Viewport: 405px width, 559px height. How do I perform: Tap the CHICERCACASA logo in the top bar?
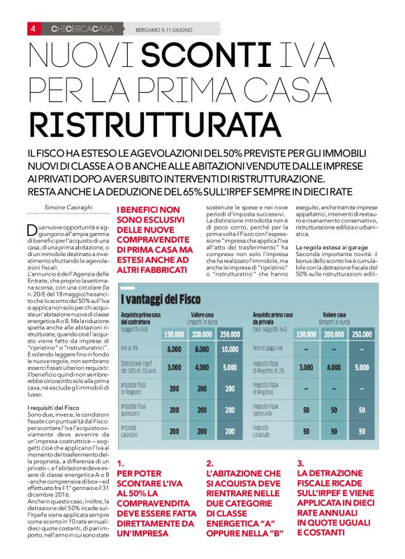[82, 29]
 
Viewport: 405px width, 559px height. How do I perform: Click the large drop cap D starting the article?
[32, 230]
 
